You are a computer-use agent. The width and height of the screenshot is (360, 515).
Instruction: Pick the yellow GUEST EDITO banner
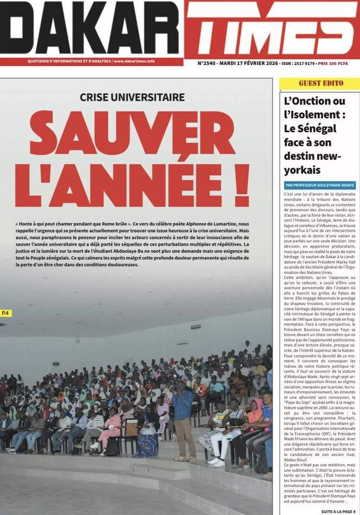319,83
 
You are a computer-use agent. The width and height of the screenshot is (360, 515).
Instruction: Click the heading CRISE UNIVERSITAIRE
132,97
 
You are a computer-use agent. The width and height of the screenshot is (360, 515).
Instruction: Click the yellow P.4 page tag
6,313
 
